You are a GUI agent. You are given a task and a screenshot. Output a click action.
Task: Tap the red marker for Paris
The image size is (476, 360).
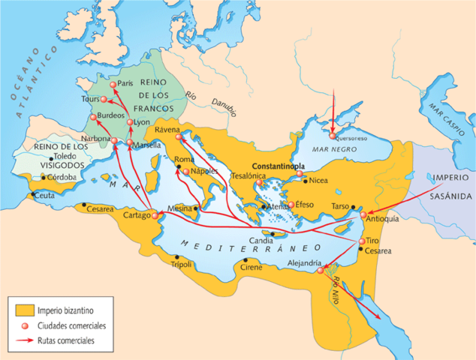[113, 83]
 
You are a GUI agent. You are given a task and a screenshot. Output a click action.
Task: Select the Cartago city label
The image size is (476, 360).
[136, 216]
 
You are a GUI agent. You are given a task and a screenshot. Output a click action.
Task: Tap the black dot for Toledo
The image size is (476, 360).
[51, 157]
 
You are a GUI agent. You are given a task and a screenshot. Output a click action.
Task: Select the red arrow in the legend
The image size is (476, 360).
[25, 340]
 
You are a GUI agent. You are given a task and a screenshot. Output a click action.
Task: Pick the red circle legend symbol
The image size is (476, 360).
[25, 325]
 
